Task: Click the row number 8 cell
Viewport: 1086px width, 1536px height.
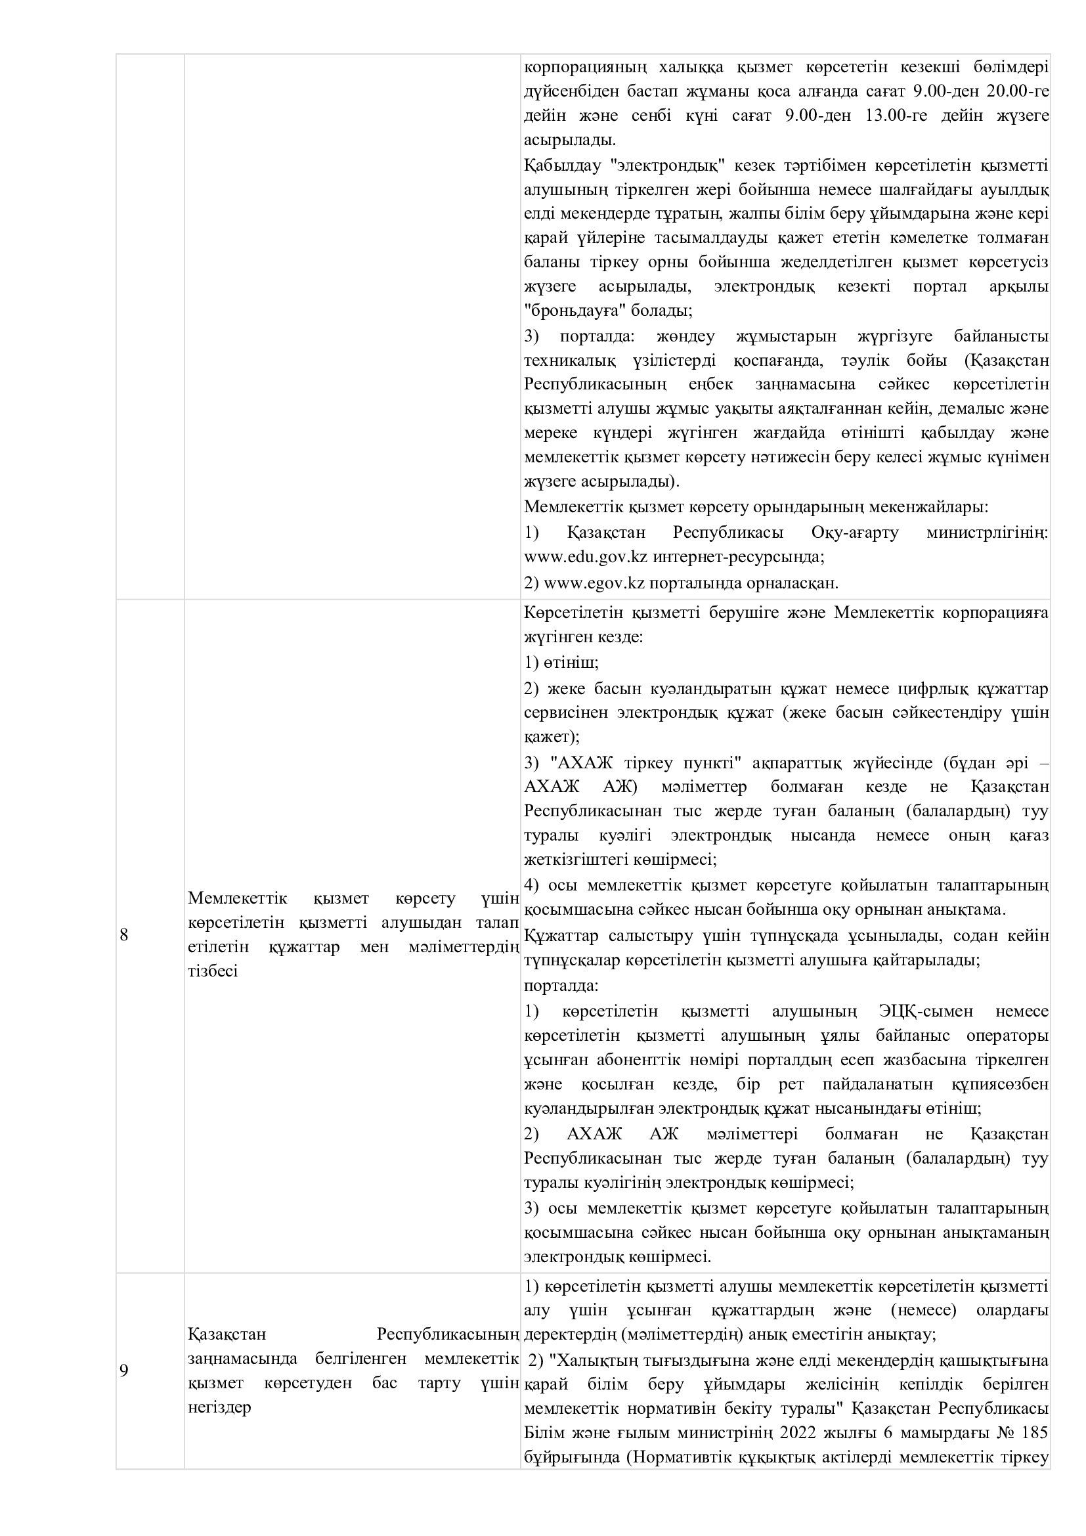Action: pyautogui.click(x=123, y=934)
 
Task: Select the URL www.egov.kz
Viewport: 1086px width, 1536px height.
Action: pyautogui.click(x=594, y=582)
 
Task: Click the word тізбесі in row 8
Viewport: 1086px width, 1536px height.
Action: pyautogui.click(x=213, y=971)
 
